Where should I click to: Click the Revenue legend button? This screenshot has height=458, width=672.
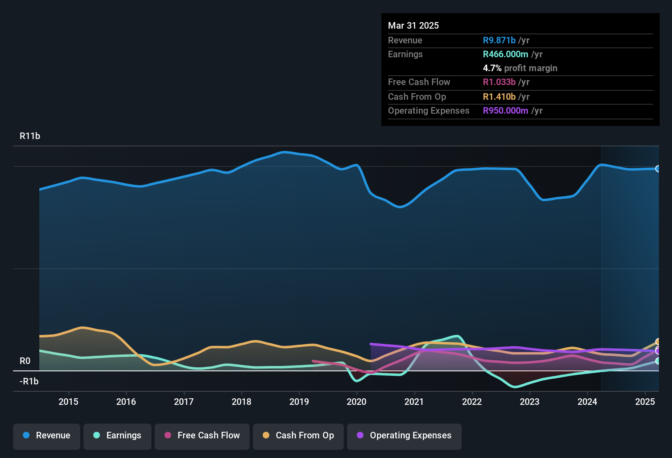click(47, 436)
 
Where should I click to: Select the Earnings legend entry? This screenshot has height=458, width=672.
click(117, 436)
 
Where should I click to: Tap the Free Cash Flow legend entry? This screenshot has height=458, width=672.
click(202, 436)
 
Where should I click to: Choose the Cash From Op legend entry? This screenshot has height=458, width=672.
click(298, 436)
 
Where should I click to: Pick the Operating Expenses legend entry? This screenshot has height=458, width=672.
click(404, 436)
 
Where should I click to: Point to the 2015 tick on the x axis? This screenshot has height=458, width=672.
click(68, 402)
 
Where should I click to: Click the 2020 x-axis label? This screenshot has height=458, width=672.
click(356, 402)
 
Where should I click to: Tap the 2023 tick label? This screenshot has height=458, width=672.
click(530, 402)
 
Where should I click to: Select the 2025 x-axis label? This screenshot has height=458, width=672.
click(645, 402)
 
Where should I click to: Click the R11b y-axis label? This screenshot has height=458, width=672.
click(30, 136)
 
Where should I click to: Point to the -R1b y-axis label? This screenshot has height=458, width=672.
click(29, 382)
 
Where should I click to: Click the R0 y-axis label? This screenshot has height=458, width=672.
click(25, 361)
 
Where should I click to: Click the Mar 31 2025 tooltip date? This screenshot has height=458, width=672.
click(413, 26)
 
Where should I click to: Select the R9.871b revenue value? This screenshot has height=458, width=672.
click(499, 40)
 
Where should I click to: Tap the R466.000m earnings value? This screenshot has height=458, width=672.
click(505, 54)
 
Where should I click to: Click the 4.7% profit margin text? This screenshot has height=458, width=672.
click(520, 68)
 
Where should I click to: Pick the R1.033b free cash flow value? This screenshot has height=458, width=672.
click(499, 82)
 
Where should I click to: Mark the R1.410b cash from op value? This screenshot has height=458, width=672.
click(499, 97)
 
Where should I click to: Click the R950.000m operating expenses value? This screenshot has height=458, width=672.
click(505, 111)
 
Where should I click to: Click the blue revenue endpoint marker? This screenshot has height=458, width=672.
click(658, 168)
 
